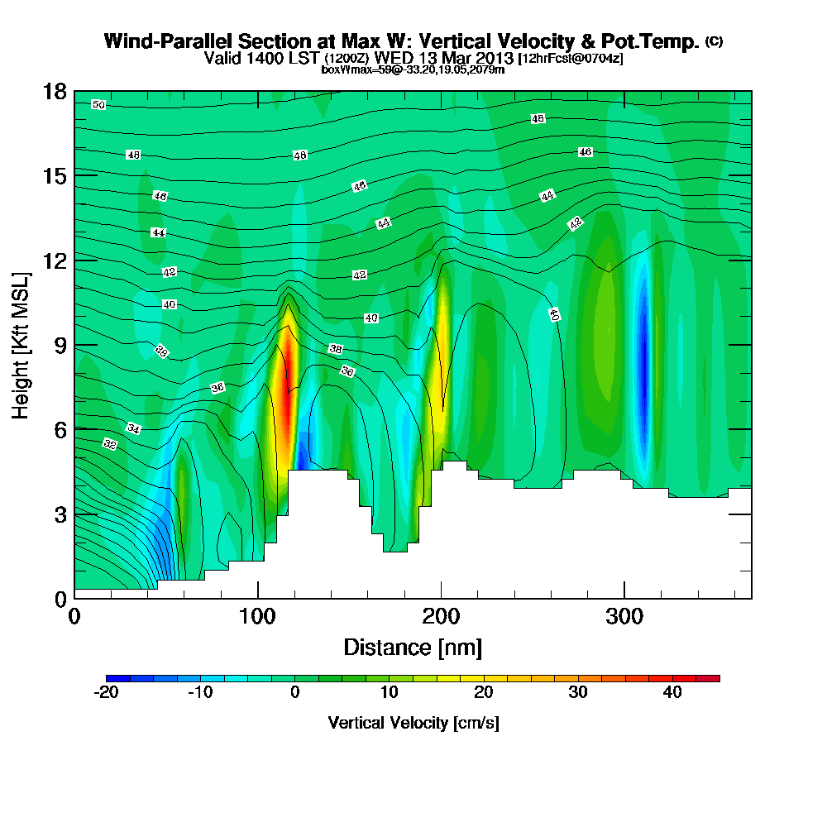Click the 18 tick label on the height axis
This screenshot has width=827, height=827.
tap(55, 91)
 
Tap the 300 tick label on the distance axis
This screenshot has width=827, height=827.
tap(624, 616)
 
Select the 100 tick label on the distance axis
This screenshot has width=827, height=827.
tap(258, 616)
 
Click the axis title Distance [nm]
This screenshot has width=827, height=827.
tap(413, 647)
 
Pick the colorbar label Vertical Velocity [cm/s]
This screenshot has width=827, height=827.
tap(413, 723)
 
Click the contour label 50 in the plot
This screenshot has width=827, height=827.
tap(98, 105)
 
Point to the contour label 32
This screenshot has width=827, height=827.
tap(110, 444)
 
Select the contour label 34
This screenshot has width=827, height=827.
tap(133, 428)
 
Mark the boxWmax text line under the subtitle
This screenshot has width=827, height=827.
tap(413, 69)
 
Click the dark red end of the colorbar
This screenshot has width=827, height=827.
tap(713, 678)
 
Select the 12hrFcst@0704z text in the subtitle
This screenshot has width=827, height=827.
tap(571, 59)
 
